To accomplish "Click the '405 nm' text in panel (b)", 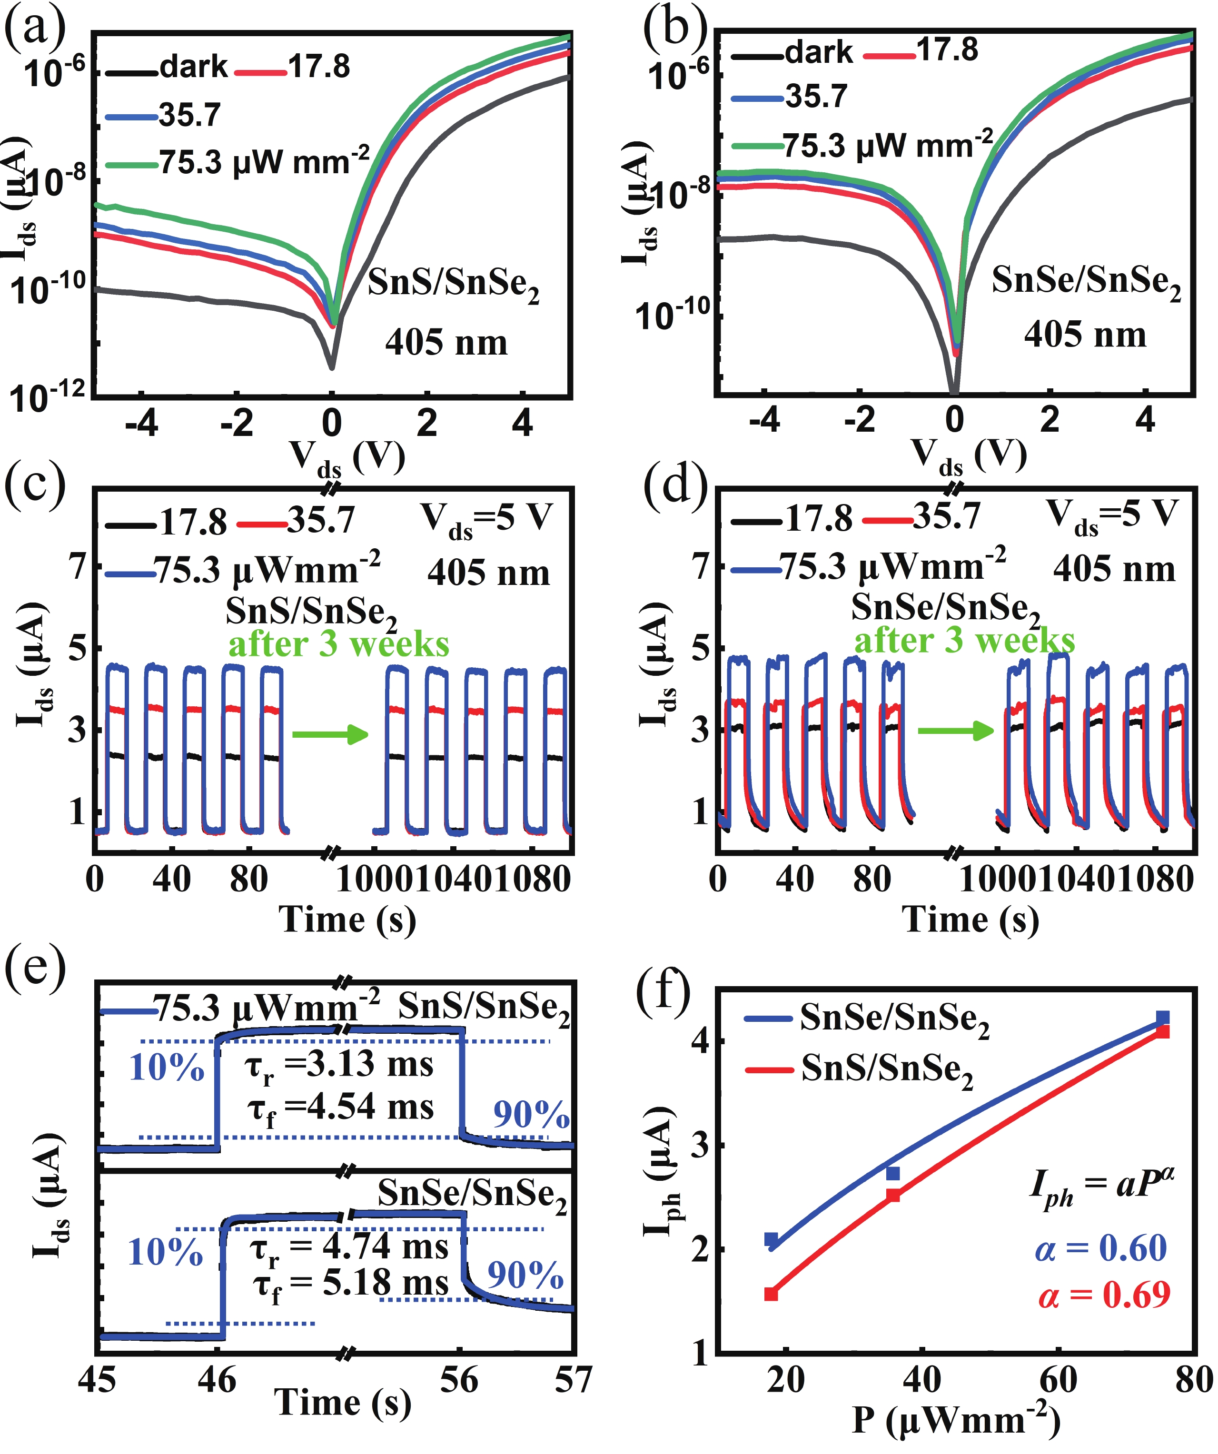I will tap(1085, 335).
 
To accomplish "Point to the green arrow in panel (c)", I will tap(329, 734).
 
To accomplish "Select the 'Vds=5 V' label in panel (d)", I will tap(1112, 516).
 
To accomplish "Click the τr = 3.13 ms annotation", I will tap(339, 1065).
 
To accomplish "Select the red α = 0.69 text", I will tap(1104, 1294).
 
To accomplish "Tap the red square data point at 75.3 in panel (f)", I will tap(1163, 1032).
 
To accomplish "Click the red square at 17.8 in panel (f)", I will tap(771, 1293).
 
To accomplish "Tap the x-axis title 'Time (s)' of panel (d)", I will tap(970, 920).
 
